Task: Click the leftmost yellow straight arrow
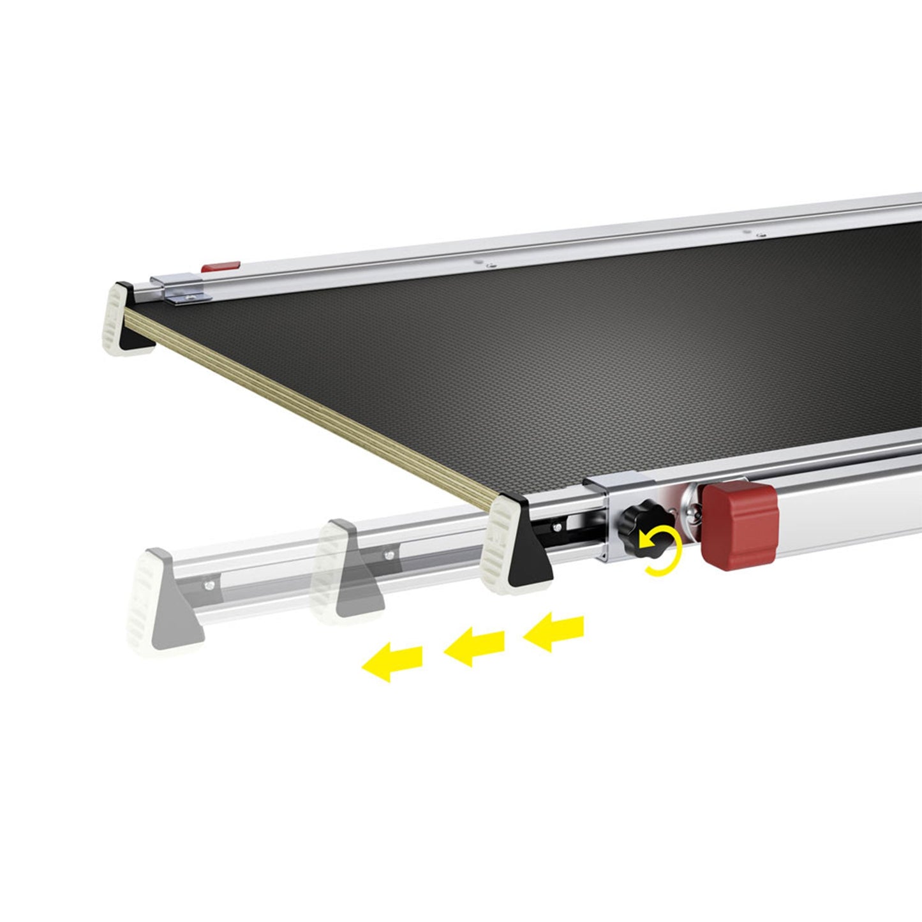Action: tap(392, 662)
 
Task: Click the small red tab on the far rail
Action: tap(221, 267)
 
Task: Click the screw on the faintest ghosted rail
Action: tap(207, 583)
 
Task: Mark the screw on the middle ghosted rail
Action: tap(389, 554)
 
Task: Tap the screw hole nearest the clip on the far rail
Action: tap(489, 262)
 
